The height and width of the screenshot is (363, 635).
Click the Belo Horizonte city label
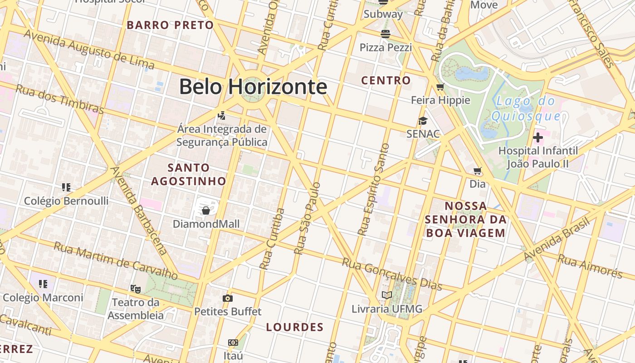(253, 86)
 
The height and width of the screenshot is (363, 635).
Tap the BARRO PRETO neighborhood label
(170, 25)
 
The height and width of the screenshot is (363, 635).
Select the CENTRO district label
(386, 81)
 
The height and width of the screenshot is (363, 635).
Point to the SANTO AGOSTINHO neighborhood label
(188, 174)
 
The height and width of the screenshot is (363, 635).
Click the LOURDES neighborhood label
(295, 327)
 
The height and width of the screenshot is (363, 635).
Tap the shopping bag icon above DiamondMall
(206, 211)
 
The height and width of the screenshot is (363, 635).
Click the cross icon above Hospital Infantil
(538, 137)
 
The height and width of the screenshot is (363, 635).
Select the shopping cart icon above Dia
(477, 171)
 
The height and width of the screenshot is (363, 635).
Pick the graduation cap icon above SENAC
(423, 121)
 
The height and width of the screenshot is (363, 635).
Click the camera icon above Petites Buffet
(228, 298)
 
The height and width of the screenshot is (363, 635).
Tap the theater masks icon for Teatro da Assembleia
(135, 289)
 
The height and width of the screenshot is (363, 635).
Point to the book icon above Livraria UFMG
(386, 295)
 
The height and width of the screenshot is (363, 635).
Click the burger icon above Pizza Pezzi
(386, 34)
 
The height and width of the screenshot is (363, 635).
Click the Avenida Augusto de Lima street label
(89, 49)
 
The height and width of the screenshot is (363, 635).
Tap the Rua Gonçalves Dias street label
(392, 274)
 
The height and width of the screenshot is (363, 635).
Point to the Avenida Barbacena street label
(138, 210)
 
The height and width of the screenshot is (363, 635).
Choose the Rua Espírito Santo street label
(373, 190)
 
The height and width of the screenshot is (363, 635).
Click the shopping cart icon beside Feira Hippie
(440, 87)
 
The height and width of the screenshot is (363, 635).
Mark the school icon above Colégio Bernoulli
(66, 187)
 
